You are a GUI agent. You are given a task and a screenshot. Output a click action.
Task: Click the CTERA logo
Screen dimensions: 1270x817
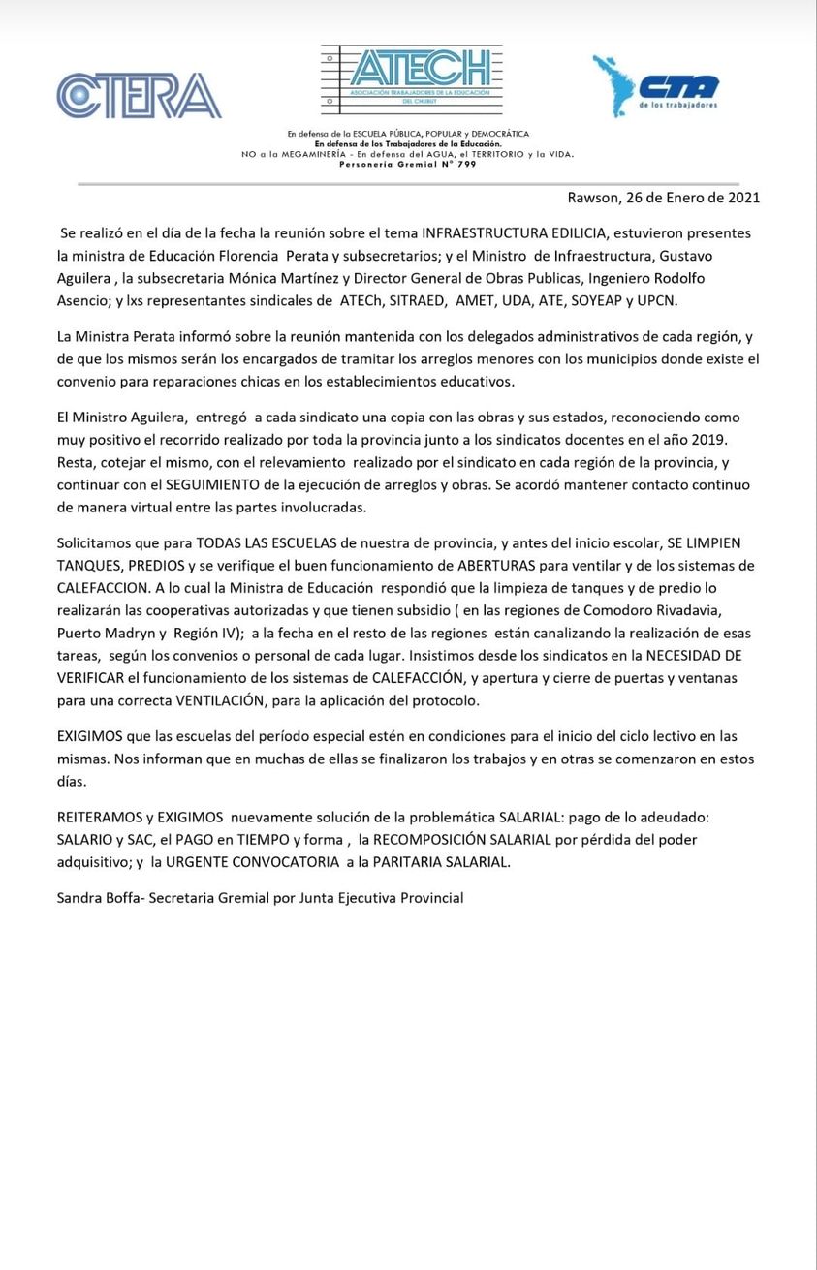point(139,96)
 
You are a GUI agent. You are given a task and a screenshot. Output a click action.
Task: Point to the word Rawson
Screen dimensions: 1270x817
point(592,198)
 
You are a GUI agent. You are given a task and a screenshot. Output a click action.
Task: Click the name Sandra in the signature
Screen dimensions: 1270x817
point(80,898)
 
